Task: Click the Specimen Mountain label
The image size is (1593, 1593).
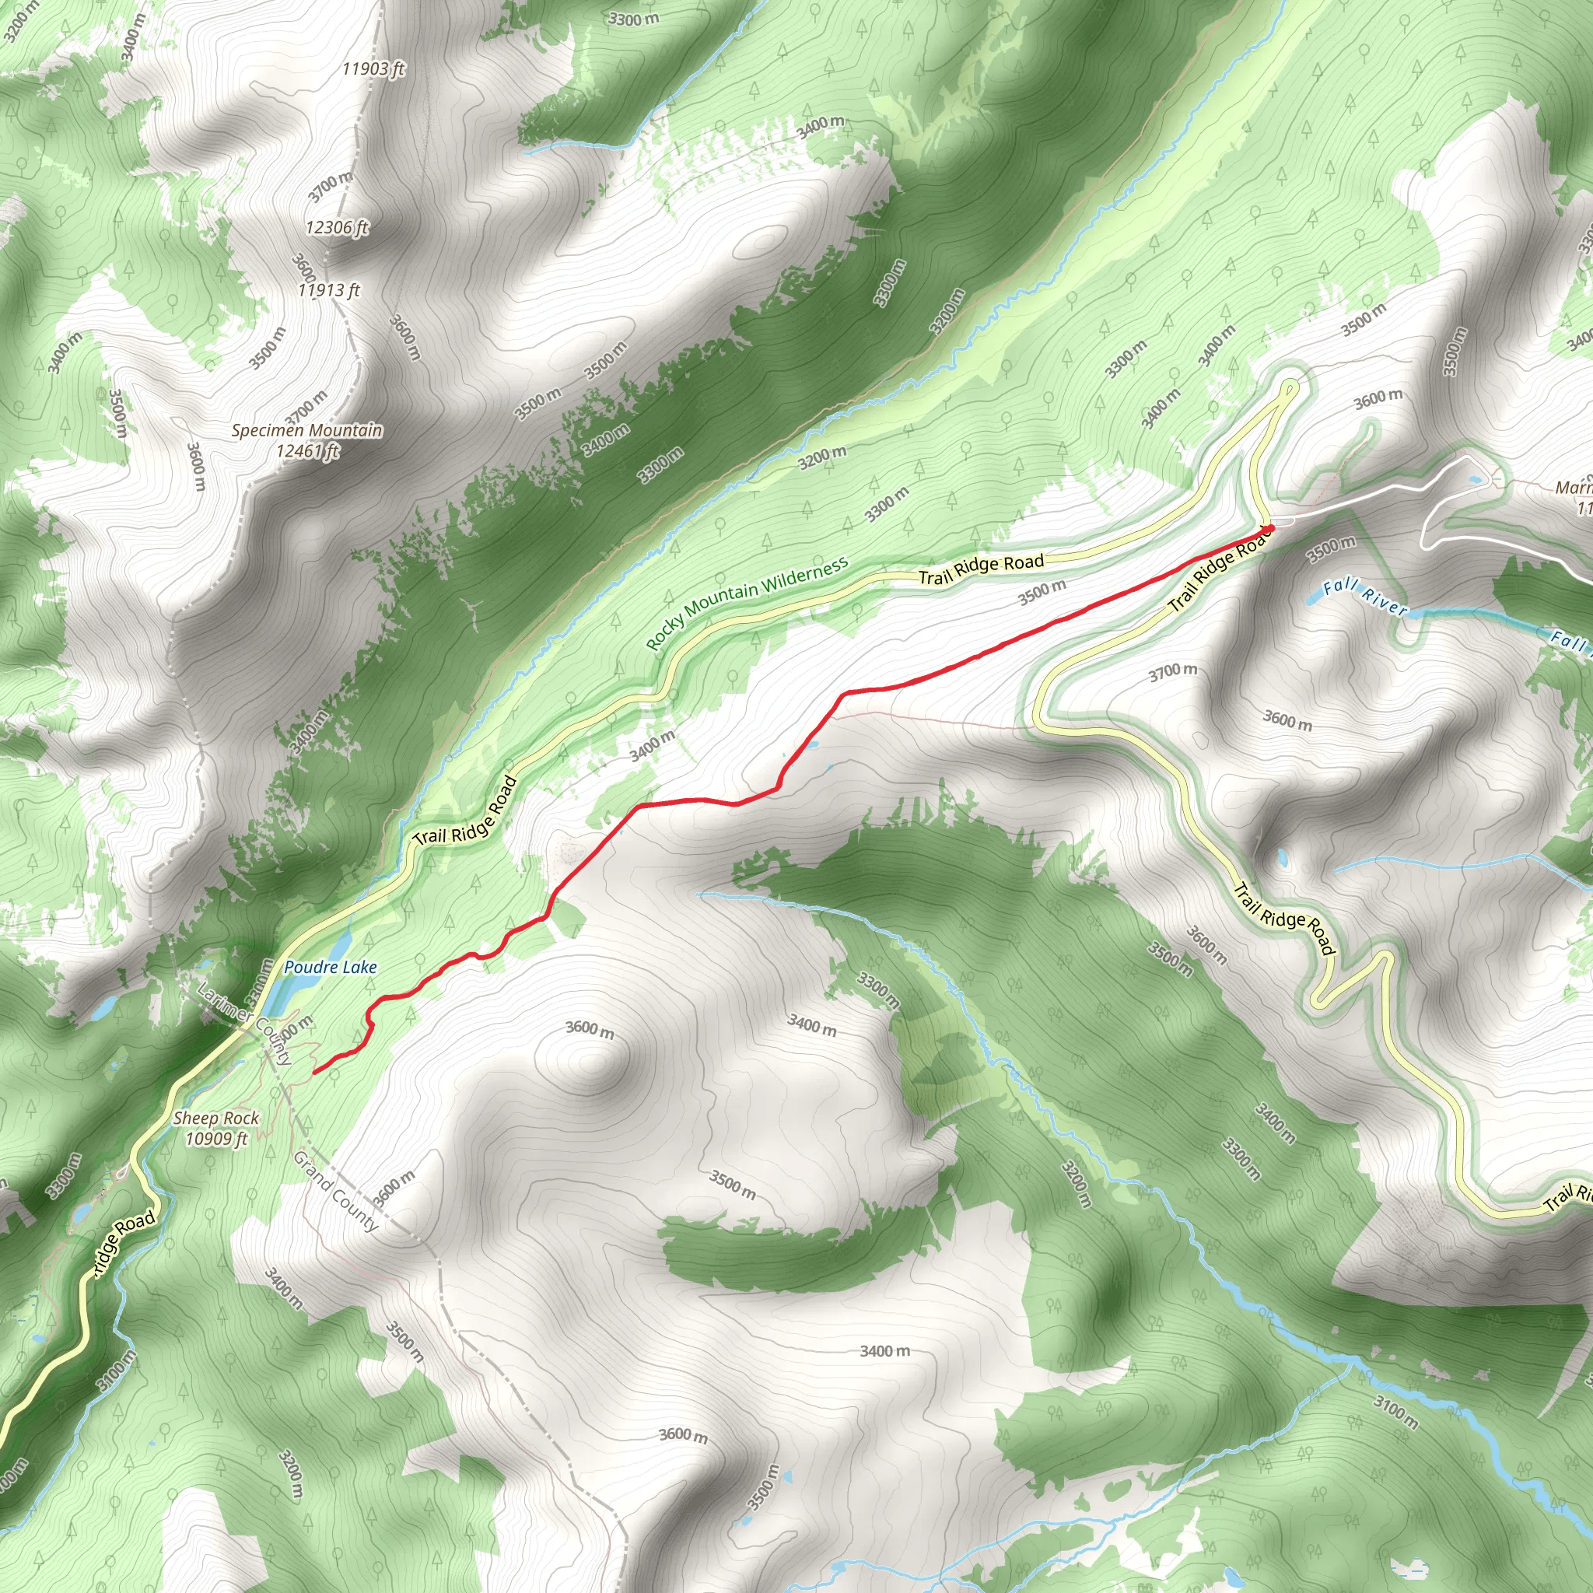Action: pyautogui.click(x=306, y=430)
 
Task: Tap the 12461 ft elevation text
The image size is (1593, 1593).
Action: pyautogui.click(x=307, y=451)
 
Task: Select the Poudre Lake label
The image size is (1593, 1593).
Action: pyautogui.click(x=330, y=967)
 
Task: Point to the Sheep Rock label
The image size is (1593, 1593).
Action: pyautogui.click(x=216, y=1118)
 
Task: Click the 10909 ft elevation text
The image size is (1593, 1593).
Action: pyautogui.click(x=216, y=1139)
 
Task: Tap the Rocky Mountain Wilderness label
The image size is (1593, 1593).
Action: pyautogui.click(x=747, y=604)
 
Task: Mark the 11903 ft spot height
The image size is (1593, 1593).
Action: pyautogui.click(x=373, y=69)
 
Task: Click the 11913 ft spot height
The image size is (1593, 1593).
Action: pyautogui.click(x=329, y=290)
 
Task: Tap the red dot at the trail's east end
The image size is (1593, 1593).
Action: pyautogui.click(x=1271, y=527)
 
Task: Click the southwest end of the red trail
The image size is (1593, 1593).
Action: pyautogui.click(x=315, y=1073)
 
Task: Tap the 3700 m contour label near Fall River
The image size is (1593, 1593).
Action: pyautogui.click(x=1172, y=673)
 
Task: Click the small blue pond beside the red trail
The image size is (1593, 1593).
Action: pyautogui.click(x=812, y=745)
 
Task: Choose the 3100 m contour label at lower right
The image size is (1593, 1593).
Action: pyautogui.click(x=1396, y=1412)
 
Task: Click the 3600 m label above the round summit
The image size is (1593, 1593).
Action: pyautogui.click(x=590, y=1030)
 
